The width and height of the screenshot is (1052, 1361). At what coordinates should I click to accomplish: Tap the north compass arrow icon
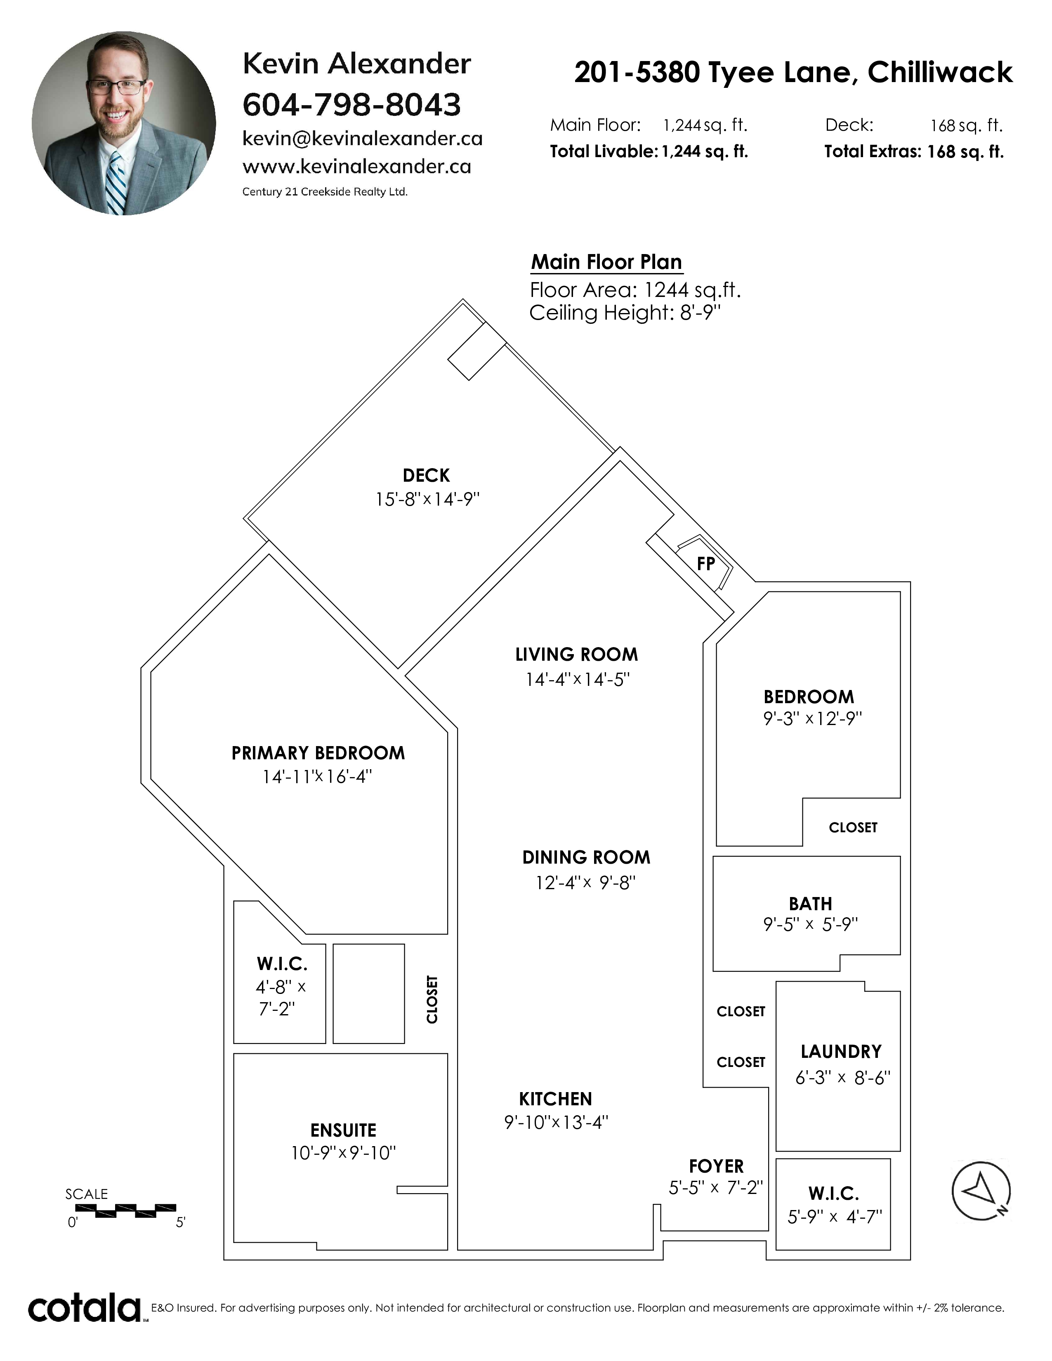[981, 1191]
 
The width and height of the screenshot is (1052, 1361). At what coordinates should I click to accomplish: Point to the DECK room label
[426, 476]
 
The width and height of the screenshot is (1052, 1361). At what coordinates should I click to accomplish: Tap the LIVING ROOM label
[576, 655]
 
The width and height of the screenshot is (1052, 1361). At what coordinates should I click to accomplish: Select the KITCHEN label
[555, 1099]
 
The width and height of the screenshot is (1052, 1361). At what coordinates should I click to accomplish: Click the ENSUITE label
[343, 1130]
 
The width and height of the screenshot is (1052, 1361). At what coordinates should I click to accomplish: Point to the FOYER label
[716, 1166]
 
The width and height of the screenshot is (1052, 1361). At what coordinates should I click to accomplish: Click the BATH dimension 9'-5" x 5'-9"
[810, 924]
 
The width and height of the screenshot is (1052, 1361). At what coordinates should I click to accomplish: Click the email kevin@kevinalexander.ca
[362, 138]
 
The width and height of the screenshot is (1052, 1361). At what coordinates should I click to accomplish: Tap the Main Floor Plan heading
[606, 262]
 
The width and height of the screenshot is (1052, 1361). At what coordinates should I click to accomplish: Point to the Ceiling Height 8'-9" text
[625, 313]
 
